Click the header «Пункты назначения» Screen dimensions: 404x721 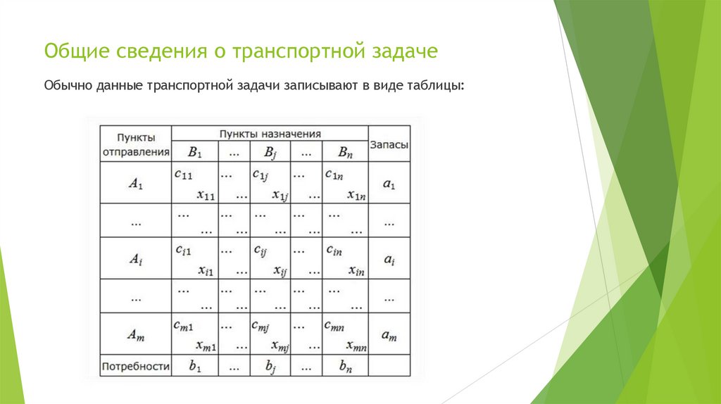tap(270, 133)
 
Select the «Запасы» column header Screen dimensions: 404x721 tap(389, 144)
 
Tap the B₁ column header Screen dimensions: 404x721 tap(194, 151)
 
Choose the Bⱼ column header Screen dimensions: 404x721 tap(270, 151)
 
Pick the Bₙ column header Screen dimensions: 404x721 tap(344, 151)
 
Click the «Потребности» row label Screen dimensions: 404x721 tap(136, 366)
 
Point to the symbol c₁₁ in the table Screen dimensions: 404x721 tap(184, 173)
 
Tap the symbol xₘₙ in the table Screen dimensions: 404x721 tap(356, 345)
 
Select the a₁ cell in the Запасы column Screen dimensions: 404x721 tap(389, 184)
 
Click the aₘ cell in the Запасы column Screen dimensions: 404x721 tap(389, 336)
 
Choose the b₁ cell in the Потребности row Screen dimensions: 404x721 tap(194, 366)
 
